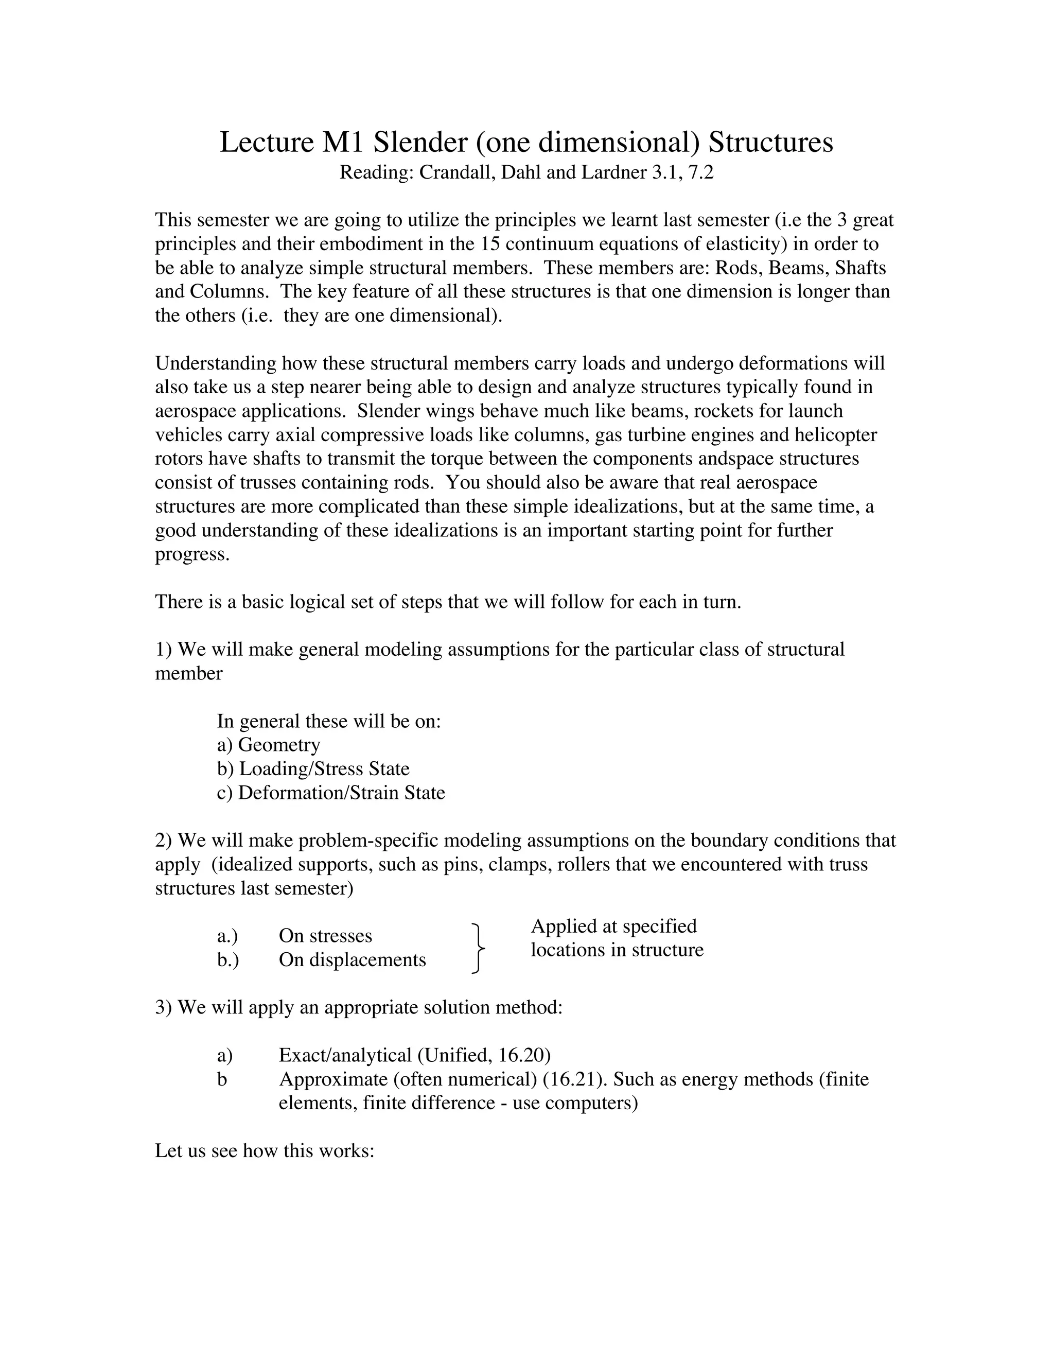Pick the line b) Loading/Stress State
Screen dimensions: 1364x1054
point(313,769)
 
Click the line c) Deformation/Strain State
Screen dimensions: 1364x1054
point(331,793)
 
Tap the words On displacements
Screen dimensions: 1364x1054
point(352,960)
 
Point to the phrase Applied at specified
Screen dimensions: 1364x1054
point(613,926)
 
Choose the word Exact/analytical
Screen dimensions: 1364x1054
point(345,1056)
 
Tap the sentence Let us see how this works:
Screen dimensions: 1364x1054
point(264,1151)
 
